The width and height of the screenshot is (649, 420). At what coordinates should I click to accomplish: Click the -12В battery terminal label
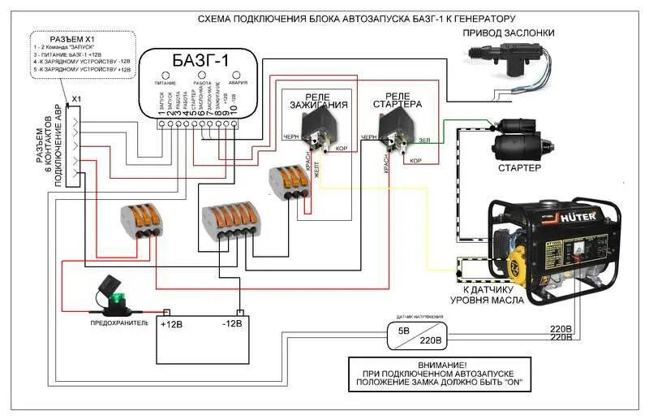233,323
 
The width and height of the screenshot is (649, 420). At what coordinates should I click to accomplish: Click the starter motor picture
519,138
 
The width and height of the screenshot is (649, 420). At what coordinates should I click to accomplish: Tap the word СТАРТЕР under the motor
519,167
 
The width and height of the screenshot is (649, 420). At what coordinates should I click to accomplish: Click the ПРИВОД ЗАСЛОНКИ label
509,33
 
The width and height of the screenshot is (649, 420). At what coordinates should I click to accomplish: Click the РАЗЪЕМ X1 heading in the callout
73,39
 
